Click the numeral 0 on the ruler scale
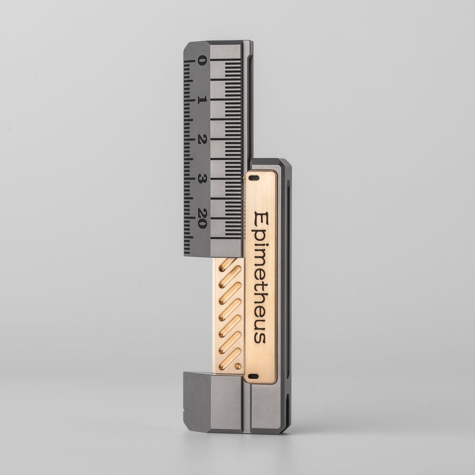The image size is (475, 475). pos(201,60)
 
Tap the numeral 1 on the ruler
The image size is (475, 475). pos(201,100)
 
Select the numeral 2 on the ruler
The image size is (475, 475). pos(201,140)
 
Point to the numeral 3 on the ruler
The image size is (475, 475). pos(201,179)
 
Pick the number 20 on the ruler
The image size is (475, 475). pos(201,218)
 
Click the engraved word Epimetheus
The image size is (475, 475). pos(260,277)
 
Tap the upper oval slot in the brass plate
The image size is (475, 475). pos(253,179)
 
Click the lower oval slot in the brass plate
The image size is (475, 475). pos(253,376)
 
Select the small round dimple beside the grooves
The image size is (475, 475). pos(238,366)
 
